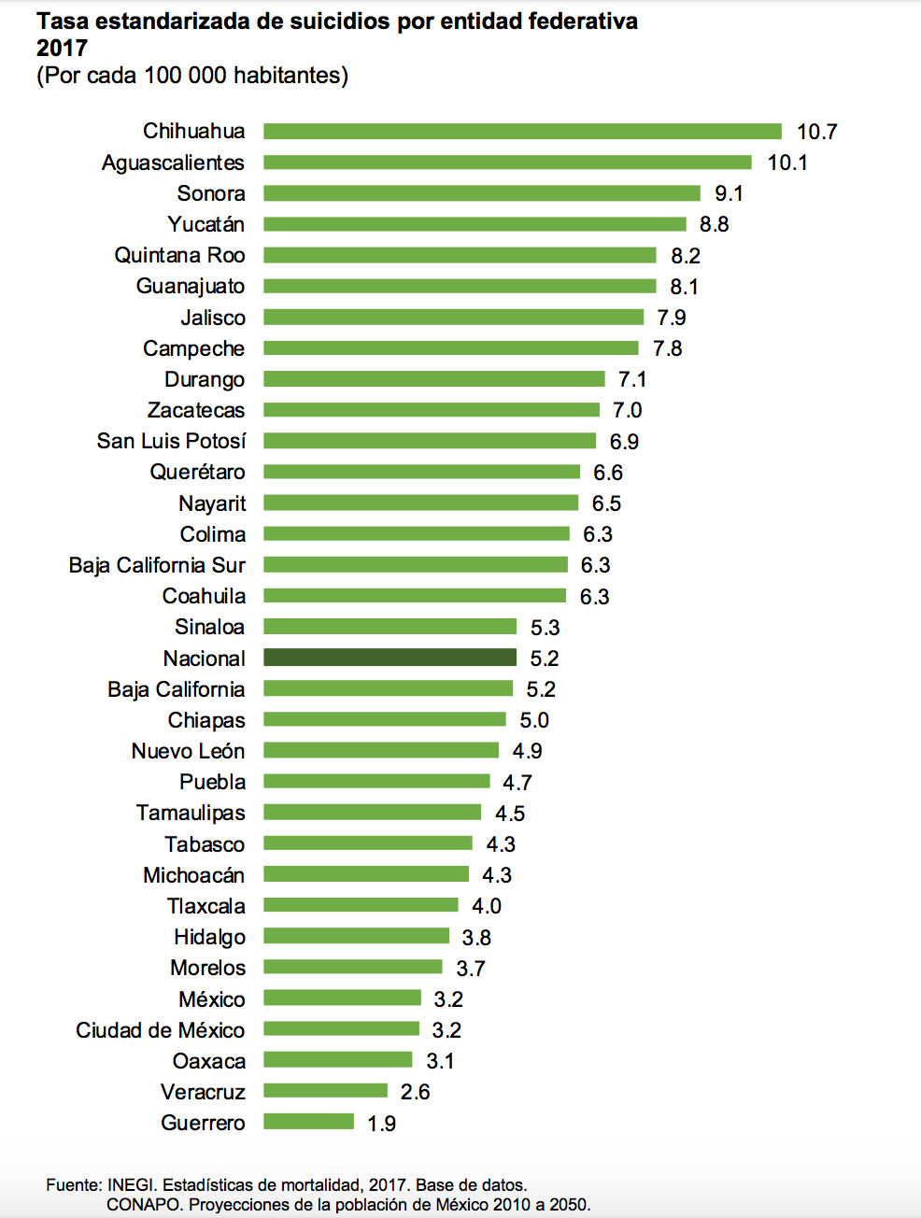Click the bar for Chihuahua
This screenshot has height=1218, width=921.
522,132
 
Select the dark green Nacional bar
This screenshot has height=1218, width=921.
390,658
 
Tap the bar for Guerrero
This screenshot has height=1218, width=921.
308,1122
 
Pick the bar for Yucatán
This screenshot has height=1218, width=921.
475,224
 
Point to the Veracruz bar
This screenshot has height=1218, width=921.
325,1091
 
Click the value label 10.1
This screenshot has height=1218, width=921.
787,163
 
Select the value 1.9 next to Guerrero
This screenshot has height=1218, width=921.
381,1123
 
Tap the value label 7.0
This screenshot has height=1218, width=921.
627,410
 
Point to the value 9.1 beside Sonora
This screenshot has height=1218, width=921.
729,193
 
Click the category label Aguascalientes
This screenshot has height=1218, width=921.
173,163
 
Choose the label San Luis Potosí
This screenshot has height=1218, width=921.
171,441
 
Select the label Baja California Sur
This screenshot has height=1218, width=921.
157,565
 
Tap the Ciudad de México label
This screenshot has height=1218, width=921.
160,1030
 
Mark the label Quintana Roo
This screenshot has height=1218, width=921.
179,255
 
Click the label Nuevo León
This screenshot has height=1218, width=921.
188,751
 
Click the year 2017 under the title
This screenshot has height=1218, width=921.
62,48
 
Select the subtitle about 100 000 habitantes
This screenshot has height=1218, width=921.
192,75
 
